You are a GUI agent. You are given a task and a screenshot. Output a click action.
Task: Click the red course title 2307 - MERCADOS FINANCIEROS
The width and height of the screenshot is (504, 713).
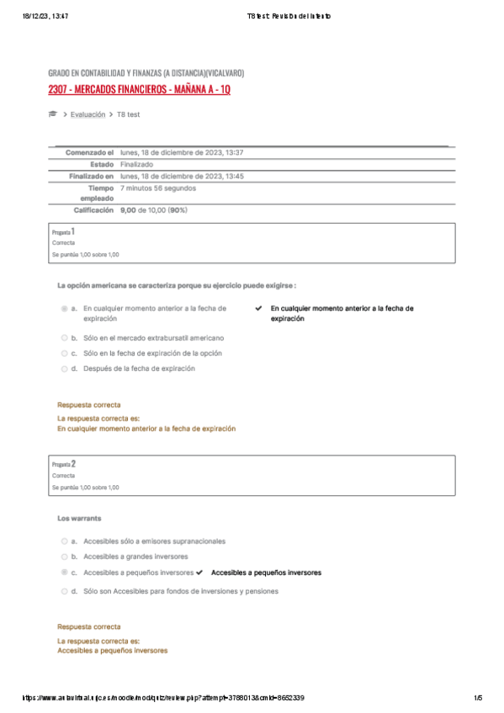[x=139, y=89]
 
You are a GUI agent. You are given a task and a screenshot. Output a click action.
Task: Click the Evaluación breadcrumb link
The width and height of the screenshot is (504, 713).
[x=88, y=114]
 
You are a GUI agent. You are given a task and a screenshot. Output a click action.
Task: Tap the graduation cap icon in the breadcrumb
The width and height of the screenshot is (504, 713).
[x=53, y=114]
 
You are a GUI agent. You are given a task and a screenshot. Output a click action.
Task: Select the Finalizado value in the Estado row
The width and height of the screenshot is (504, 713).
[x=136, y=164]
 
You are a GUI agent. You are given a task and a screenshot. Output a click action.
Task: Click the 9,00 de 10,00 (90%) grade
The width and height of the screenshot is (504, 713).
[x=154, y=210]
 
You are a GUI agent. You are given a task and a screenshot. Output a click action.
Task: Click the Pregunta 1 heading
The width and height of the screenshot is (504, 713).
[x=63, y=230]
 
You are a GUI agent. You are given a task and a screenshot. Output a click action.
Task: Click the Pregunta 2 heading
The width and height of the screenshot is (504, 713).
[x=63, y=463]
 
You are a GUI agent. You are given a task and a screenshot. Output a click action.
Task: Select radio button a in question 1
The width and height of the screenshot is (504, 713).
[x=64, y=309]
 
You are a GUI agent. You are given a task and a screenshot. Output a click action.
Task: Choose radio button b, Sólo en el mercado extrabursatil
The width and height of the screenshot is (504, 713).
[x=64, y=337]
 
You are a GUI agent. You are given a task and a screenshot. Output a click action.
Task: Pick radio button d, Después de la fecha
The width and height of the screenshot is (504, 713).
[x=64, y=368]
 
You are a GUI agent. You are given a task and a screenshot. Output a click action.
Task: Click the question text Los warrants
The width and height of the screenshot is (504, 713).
[x=74, y=518]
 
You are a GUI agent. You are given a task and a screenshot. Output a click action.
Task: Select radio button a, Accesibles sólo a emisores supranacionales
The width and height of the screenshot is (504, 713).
[x=64, y=541]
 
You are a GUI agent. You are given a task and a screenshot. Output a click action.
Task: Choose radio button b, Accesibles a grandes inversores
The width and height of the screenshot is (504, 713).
[x=64, y=557]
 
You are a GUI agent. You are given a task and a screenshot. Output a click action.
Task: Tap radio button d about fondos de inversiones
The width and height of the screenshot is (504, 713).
[x=64, y=591]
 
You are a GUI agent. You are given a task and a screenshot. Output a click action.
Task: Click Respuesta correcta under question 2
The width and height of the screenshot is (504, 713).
[x=88, y=626]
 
